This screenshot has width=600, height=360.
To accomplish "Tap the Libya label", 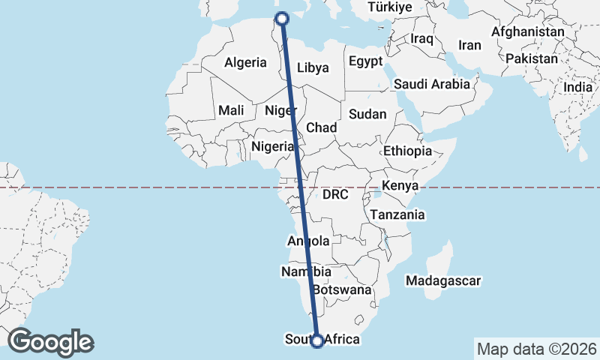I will click(x=313, y=67).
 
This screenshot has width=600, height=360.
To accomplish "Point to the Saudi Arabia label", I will click(x=431, y=84).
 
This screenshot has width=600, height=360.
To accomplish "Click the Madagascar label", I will click(x=442, y=280).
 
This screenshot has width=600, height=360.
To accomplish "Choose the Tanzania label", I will click(x=397, y=214).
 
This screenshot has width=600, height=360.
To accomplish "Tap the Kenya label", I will click(x=400, y=185).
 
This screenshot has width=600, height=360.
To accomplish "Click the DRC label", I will click(x=335, y=194).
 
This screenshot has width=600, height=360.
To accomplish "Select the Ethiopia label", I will click(x=407, y=151).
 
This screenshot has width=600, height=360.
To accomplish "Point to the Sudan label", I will click(x=367, y=115).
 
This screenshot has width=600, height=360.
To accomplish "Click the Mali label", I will click(x=232, y=110).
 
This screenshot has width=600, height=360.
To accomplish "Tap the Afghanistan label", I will click(x=527, y=32).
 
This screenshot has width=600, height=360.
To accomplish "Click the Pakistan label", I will click(x=532, y=58).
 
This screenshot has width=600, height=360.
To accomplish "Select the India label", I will click(x=577, y=87).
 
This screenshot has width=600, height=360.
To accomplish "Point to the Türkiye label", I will click(x=390, y=7).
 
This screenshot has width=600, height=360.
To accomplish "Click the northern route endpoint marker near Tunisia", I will click(x=283, y=19).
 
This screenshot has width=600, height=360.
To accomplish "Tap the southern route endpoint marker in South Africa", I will click(x=317, y=340).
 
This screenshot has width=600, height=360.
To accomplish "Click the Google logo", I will click(x=50, y=341).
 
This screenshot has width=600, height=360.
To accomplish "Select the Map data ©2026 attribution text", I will click(x=536, y=349).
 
